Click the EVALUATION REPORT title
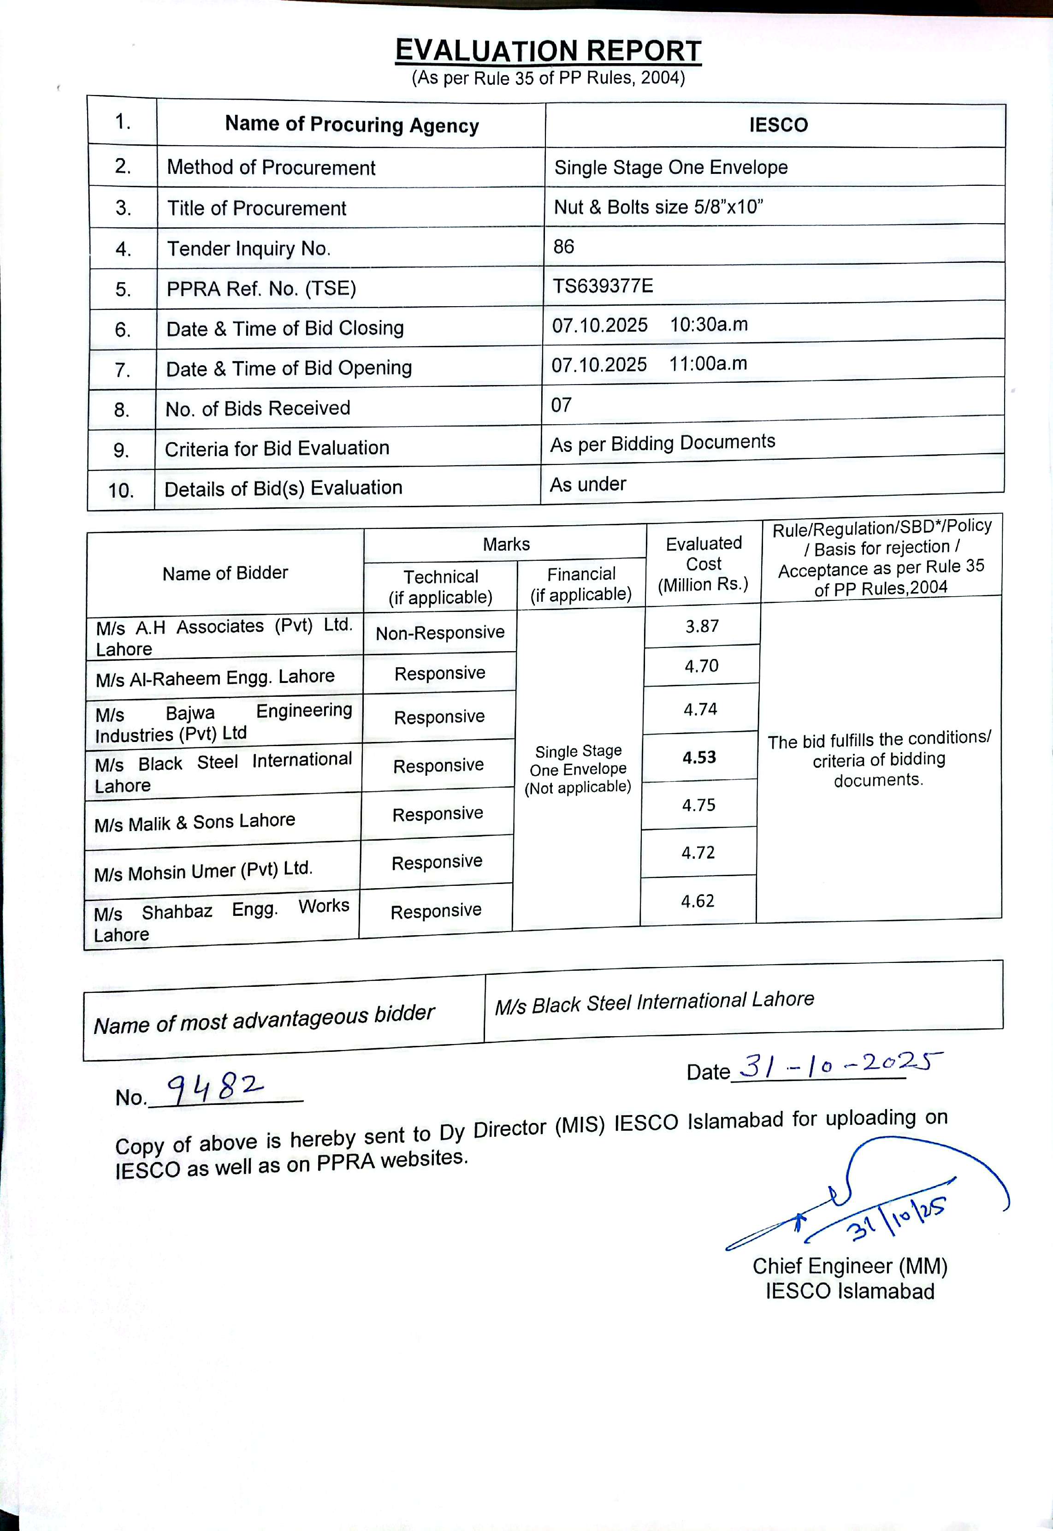click(548, 51)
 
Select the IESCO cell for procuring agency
click(778, 125)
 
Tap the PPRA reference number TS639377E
click(603, 286)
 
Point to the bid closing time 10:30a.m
click(709, 325)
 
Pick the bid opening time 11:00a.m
click(708, 363)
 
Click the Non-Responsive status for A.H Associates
click(440, 632)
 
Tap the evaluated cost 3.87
click(702, 626)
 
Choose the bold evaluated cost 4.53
click(699, 757)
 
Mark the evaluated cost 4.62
click(698, 901)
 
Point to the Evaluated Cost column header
click(704, 564)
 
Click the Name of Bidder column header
click(225, 573)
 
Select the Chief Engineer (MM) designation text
click(850, 1266)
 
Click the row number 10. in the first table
click(121, 490)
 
